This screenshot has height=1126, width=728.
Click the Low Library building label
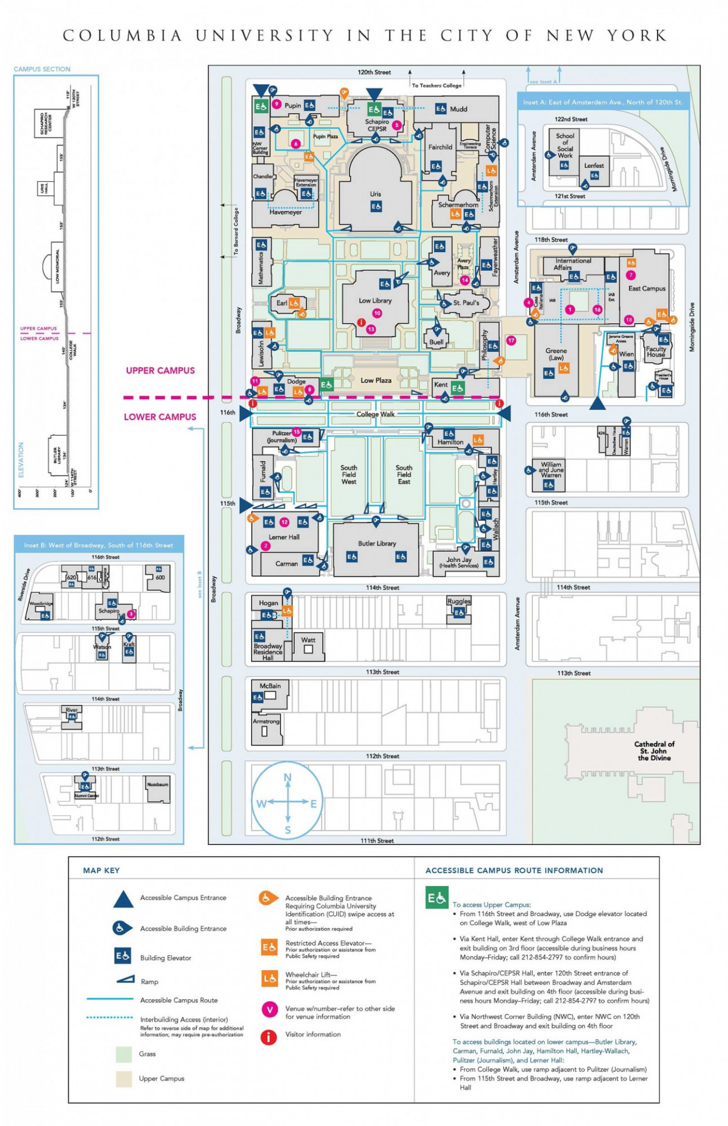point(375,300)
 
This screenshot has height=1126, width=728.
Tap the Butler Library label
point(377,543)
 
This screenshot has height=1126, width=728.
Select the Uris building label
point(375,194)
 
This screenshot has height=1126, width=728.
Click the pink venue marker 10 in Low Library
point(377,313)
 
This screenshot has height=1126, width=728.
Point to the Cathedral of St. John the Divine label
point(654,751)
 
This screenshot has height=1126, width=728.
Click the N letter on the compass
point(287,778)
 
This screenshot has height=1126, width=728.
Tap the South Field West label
point(348,474)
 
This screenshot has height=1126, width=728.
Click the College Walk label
point(375,414)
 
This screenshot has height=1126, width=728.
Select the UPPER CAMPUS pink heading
point(160,371)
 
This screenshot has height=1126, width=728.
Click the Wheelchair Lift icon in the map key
point(269,978)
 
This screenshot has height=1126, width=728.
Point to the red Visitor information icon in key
point(269,1037)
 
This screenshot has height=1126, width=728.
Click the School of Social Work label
point(565,145)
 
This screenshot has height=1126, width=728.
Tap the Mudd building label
point(458,109)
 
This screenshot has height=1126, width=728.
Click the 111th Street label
point(377,840)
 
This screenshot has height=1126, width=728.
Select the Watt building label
point(308,640)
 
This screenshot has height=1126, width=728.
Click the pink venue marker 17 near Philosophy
point(511,340)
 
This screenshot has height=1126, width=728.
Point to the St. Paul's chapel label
point(466,303)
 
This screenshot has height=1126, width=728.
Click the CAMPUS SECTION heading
point(42,69)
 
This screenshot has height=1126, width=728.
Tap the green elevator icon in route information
point(436,898)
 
